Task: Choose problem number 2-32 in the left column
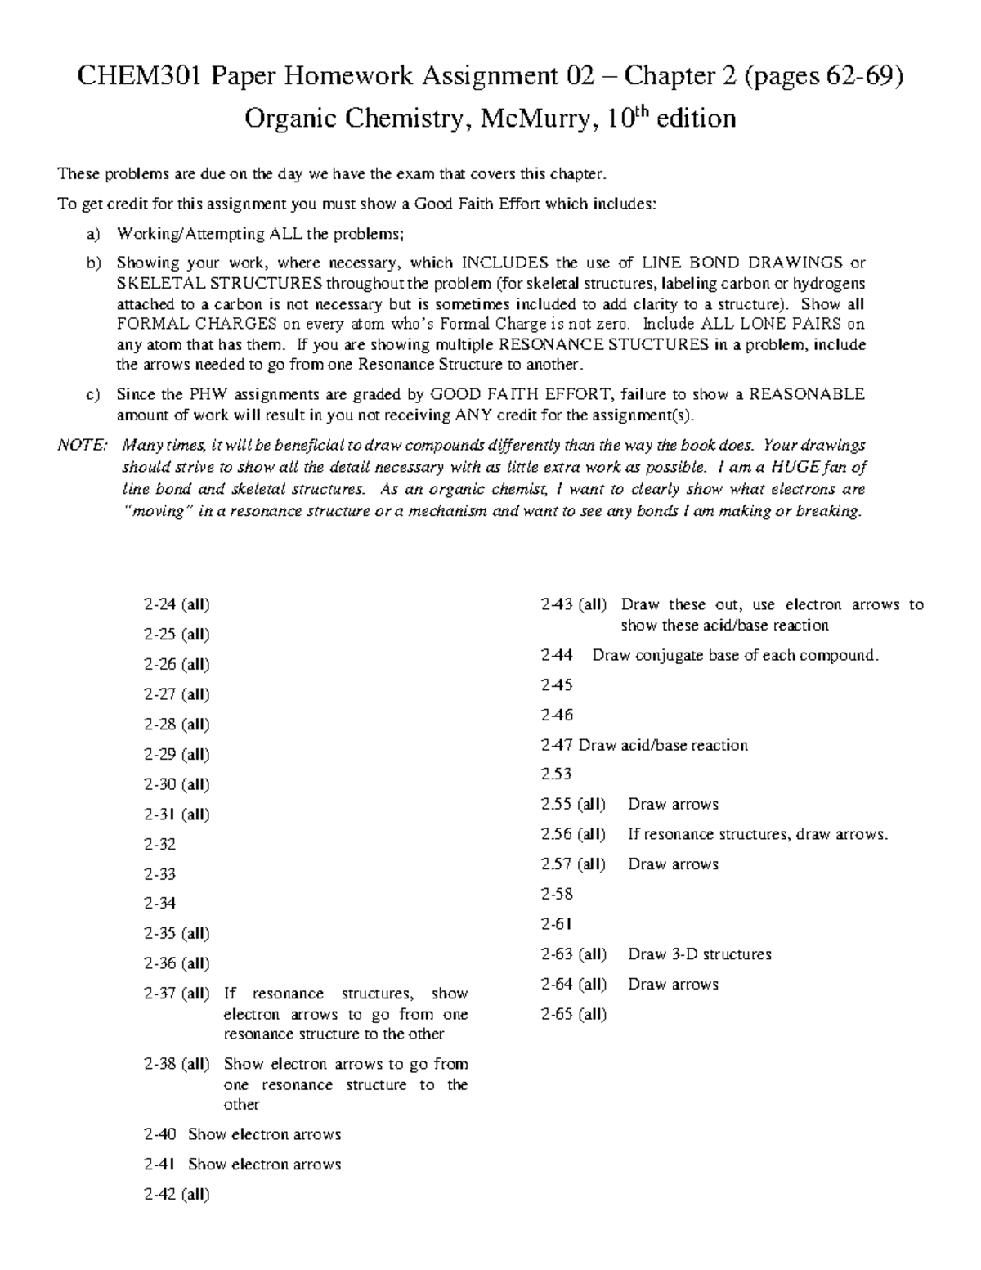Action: (x=159, y=844)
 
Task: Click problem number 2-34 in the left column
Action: (x=159, y=904)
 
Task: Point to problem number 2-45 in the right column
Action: (x=557, y=684)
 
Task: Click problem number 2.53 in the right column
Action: (x=556, y=774)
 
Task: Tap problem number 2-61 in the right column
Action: (x=556, y=924)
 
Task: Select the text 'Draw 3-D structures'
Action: (x=699, y=954)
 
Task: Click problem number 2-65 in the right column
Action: (x=557, y=1014)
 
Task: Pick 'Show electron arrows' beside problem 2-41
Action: (x=264, y=1164)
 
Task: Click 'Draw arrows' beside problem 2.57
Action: (x=673, y=864)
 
